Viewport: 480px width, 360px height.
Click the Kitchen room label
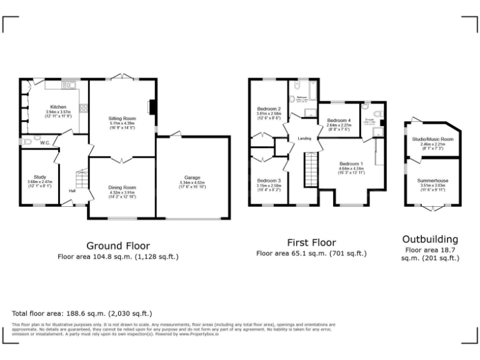click(x=59, y=107)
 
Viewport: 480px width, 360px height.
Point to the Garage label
click(x=192, y=177)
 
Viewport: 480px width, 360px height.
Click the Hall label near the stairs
click(x=72, y=191)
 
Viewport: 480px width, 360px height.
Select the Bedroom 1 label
click(x=350, y=164)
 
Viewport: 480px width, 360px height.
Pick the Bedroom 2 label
click(x=269, y=108)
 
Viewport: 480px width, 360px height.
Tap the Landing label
click(x=304, y=138)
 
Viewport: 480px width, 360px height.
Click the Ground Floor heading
click(x=117, y=246)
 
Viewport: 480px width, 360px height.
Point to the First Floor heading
click(x=311, y=242)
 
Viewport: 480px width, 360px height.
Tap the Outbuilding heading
click(x=430, y=239)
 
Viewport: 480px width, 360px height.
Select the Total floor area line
click(x=82, y=313)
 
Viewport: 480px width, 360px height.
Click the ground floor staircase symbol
click(x=81, y=181)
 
